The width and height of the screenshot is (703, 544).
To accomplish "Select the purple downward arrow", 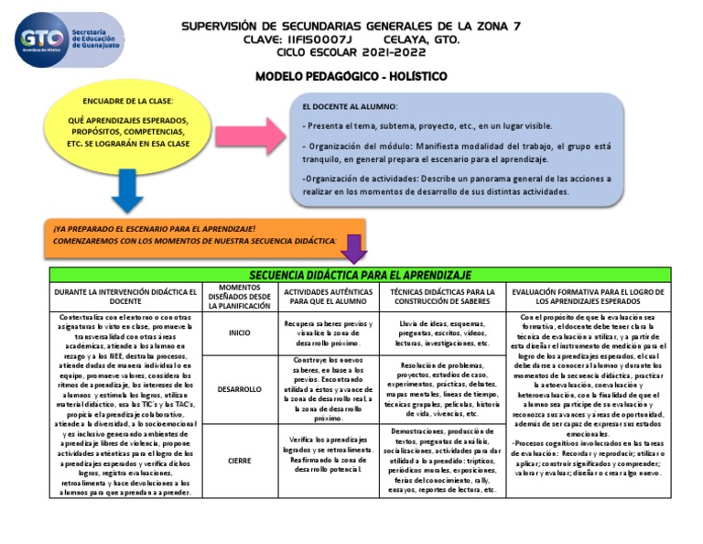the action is tap(354, 244).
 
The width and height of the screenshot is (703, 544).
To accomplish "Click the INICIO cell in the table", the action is tap(239, 333).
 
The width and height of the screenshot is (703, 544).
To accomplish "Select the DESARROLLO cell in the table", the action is tap(239, 390).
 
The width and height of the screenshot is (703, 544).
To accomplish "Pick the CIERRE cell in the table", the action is tap(239, 461).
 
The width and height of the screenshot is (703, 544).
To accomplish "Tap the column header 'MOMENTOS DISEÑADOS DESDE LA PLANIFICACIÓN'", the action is tap(239, 297).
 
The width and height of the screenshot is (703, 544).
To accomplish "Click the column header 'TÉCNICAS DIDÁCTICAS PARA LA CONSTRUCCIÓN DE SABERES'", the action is tap(443, 296).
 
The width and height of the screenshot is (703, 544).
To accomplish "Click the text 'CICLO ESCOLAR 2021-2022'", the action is tap(352, 52).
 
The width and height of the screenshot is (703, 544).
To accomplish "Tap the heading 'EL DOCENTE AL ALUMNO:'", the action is tap(349, 106).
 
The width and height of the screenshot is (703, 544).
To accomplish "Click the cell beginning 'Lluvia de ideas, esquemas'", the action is tap(443, 333).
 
